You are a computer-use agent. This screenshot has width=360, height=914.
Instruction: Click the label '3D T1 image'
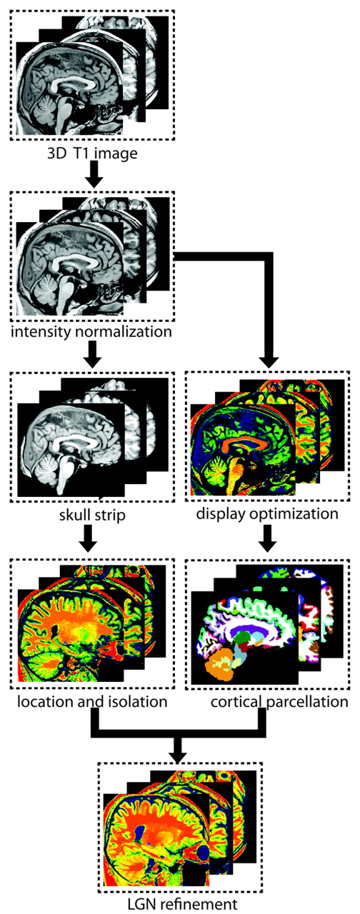(x=93, y=154)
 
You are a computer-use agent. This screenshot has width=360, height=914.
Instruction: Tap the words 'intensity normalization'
(x=91, y=331)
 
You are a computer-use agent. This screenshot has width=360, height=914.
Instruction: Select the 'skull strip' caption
(x=92, y=515)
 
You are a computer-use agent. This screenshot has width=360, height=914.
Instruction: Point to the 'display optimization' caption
(x=267, y=513)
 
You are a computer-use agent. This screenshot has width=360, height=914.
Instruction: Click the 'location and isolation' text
(x=92, y=701)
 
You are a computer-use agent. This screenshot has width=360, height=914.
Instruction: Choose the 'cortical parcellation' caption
(x=279, y=702)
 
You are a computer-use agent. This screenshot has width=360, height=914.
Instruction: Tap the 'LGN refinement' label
(x=182, y=904)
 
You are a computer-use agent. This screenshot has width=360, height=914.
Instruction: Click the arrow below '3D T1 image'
(x=93, y=174)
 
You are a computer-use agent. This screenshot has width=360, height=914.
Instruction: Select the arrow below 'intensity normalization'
(x=92, y=354)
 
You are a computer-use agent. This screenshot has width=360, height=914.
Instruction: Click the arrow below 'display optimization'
(x=267, y=538)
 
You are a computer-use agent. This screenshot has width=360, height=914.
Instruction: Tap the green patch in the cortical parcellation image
(x=244, y=636)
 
